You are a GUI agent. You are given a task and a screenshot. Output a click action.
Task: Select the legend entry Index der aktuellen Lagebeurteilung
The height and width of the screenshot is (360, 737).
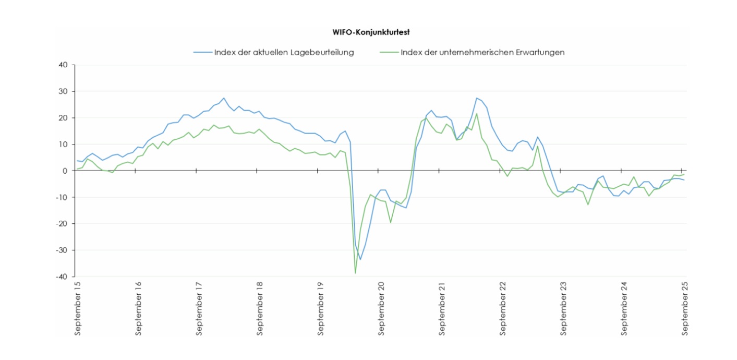click(284, 52)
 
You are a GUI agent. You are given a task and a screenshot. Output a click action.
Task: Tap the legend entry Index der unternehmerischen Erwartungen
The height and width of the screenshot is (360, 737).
click(482, 52)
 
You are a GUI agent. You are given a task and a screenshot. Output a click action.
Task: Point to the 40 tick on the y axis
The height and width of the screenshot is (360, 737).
click(64, 65)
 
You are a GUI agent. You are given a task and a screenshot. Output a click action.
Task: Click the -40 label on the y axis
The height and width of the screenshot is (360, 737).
click(62, 277)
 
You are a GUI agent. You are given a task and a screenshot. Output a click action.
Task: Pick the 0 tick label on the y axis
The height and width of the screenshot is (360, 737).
click(66, 171)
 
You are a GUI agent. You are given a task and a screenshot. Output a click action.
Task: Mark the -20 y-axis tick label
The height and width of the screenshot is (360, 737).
click(62, 224)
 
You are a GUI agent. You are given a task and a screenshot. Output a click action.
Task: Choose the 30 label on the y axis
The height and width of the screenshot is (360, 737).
click(64, 91)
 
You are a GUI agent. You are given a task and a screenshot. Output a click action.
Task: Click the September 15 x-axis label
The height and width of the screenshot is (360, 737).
click(78, 308)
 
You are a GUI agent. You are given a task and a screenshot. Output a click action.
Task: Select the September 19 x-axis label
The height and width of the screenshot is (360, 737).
click(321, 308)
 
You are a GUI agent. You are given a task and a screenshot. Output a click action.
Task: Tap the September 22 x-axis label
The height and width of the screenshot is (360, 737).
click(503, 308)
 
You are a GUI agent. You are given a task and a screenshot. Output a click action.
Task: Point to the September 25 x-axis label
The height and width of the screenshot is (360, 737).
click(685, 308)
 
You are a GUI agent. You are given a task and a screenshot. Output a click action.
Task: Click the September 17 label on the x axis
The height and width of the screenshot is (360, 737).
click(199, 308)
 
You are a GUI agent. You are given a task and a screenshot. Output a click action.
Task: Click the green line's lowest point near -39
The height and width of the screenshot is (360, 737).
click(355, 273)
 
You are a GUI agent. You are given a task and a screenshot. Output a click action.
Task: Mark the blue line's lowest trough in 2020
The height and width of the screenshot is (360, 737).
click(360, 259)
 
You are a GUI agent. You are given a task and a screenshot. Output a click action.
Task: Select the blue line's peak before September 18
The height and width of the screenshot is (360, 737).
click(224, 98)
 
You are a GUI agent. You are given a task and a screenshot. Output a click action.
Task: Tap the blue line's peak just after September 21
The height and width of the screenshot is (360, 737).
click(477, 98)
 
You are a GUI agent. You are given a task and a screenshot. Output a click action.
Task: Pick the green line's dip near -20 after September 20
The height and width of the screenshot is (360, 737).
click(391, 222)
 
